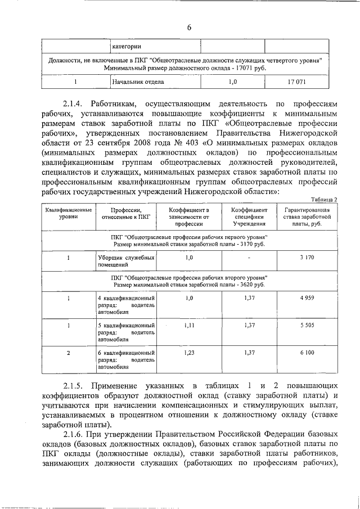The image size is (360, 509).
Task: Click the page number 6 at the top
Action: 190,29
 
